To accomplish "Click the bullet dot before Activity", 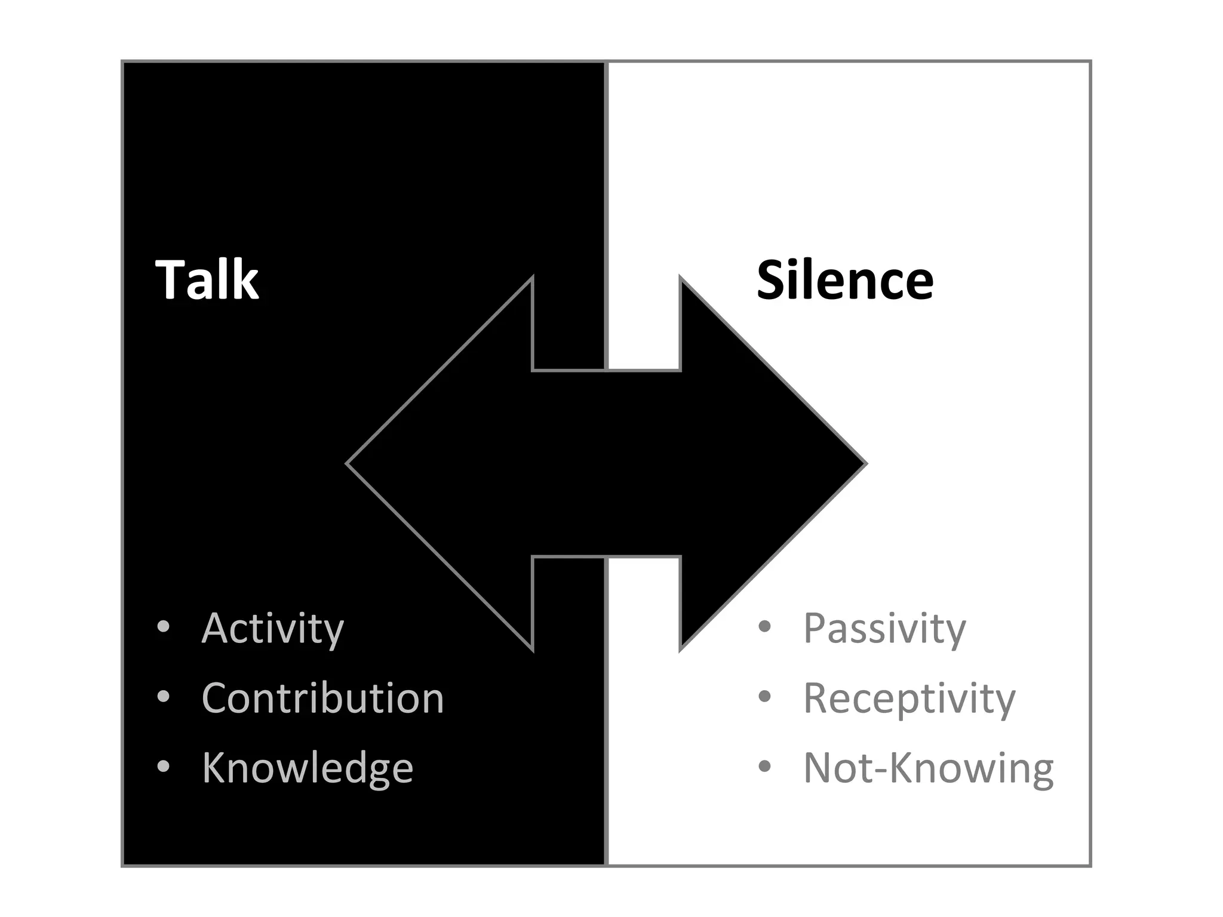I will pos(163,627).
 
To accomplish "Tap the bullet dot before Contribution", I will pos(163,696).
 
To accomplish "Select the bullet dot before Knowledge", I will pos(163,766).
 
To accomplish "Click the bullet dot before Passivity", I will pos(764,627).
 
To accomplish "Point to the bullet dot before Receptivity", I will pos(764,696).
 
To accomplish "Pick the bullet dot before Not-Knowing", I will pos(764,766).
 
